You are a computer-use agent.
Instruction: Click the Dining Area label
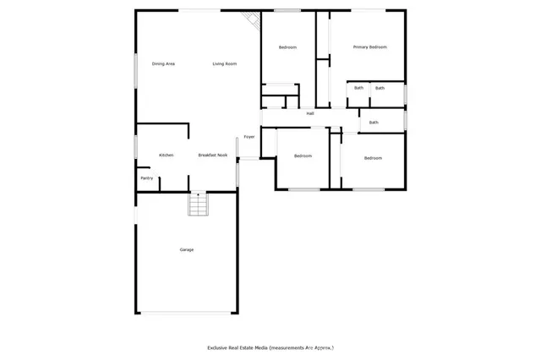pyautogui.click(x=163, y=64)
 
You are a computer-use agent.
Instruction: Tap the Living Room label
pyautogui.click(x=224, y=64)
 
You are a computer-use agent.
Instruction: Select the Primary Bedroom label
pyautogui.click(x=369, y=47)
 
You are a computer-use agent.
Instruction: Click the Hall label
pyautogui.click(x=310, y=113)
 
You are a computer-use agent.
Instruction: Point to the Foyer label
pyautogui.click(x=249, y=137)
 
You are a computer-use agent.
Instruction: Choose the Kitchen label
pyautogui.click(x=167, y=155)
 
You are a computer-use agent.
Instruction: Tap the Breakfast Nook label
pyautogui.click(x=213, y=155)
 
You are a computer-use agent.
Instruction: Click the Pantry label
pyautogui.click(x=146, y=178)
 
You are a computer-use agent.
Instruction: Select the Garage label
pyautogui.click(x=186, y=249)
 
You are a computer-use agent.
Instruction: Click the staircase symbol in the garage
pyautogui.click(x=197, y=205)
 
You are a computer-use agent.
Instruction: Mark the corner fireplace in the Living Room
pyautogui.click(x=250, y=20)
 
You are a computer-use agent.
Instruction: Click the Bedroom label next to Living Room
pyautogui.click(x=288, y=47)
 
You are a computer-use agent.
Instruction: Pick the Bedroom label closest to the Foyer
pyautogui.click(x=303, y=156)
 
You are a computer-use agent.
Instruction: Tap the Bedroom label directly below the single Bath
pyautogui.click(x=373, y=158)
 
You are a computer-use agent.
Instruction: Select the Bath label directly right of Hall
pyautogui.click(x=374, y=123)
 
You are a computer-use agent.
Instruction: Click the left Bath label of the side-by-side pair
pyautogui.click(x=358, y=88)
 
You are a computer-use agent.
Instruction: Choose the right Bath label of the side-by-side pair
pyautogui.click(x=380, y=88)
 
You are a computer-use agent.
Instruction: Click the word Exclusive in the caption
pyautogui.click(x=221, y=347)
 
